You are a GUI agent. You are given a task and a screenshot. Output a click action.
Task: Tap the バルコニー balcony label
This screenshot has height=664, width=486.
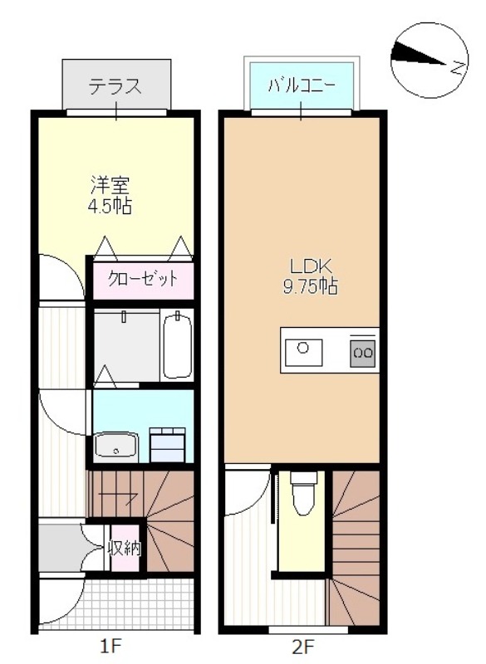coord(302,85)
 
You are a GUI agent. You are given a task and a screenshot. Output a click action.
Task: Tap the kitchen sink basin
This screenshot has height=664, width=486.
coord(305,349)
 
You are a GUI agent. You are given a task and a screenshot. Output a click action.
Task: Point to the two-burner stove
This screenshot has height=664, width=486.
coord(363,351)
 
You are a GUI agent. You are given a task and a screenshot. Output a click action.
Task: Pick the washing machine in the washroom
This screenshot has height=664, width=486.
coord(169,442)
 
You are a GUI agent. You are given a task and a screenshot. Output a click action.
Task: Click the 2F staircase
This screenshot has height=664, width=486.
coord(355,539)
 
